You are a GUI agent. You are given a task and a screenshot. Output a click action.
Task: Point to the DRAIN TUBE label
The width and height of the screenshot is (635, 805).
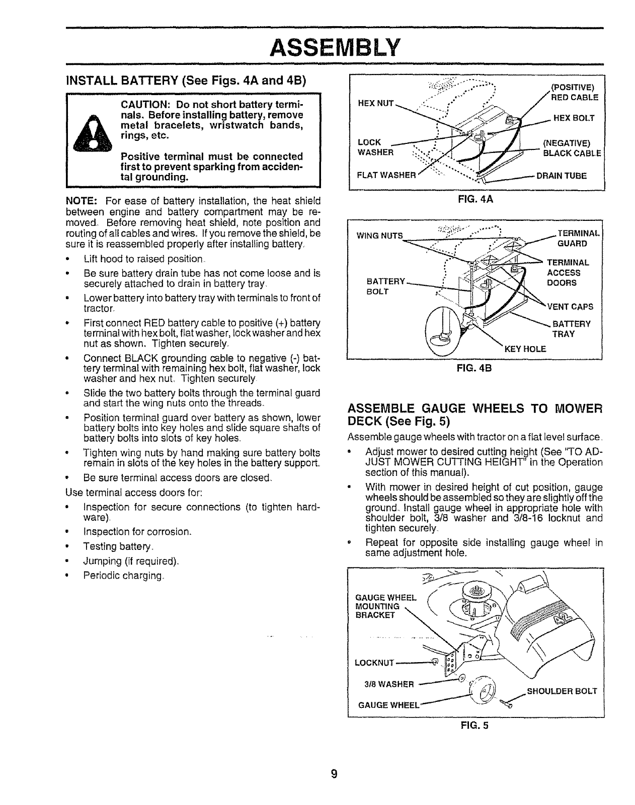coord(561,176)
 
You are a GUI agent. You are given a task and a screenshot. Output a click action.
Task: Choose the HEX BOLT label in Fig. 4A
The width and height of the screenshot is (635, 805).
coord(574,118)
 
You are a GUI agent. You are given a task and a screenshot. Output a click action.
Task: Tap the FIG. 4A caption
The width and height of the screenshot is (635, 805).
coord(475,199)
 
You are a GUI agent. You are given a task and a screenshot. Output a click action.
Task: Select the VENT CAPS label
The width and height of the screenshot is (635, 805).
coord(570,306)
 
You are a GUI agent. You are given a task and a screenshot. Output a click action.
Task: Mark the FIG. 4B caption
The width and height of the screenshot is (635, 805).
coord(475,367)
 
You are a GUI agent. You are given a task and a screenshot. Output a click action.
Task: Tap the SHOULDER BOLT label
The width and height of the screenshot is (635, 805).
coord(562,691)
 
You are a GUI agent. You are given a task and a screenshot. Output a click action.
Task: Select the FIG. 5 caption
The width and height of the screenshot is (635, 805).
coord(474,725)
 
